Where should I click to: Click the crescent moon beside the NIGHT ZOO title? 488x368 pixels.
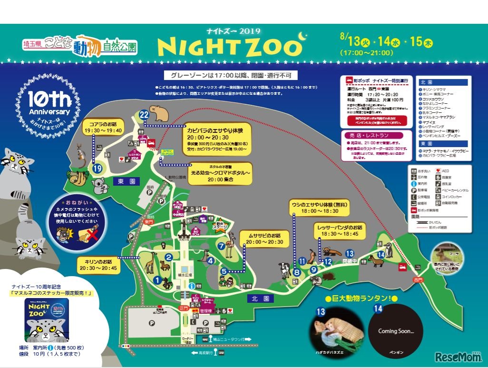[x=302, y=37]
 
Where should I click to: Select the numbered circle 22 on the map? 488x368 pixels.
[x=144, y=115]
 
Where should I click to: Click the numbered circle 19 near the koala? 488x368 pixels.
[x=98, y=168]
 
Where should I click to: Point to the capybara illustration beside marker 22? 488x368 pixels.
[x=159, y=113]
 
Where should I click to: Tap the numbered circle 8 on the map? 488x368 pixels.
[x=297, y=273]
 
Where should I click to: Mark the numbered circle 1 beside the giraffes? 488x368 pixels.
[x=157, y=280]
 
